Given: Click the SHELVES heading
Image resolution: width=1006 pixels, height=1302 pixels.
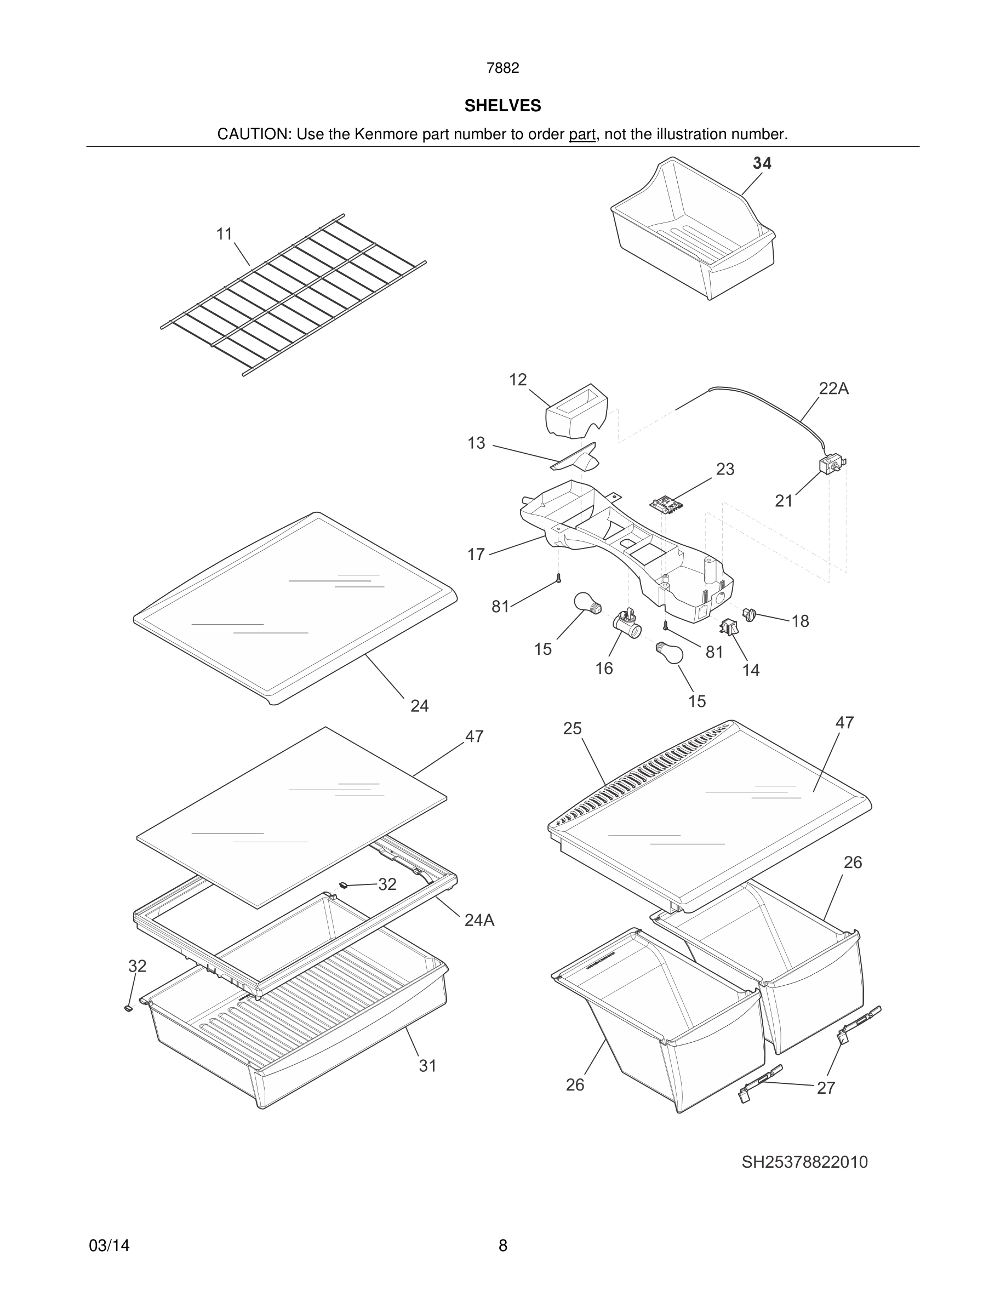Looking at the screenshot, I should coord(502,106).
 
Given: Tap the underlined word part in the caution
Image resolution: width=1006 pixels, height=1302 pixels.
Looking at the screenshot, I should coord(582,134).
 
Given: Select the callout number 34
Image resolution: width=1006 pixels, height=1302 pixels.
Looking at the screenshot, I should coord(762,163).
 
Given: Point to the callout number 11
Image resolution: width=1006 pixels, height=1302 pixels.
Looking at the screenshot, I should coord(224,235).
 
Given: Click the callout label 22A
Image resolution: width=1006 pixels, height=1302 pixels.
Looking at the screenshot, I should coord(833,389).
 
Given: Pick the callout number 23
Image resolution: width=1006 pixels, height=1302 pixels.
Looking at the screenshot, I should coord(725,469).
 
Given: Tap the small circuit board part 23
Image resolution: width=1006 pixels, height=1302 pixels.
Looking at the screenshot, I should coord(665,506).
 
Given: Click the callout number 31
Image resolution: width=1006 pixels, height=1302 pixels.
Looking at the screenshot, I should coord(427,1065).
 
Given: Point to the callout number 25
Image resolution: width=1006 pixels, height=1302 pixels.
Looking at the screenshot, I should coord(572,728).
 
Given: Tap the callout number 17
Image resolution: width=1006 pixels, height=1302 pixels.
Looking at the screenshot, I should coord(476,555).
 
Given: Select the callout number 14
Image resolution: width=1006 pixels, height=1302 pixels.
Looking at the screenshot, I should coord(750,670).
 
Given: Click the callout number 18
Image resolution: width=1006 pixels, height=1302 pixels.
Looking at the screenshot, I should coord(800,621).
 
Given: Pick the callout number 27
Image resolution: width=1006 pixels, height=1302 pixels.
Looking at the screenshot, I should coord(825,1088).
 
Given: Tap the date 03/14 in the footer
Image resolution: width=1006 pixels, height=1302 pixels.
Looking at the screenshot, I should coord(109,1246).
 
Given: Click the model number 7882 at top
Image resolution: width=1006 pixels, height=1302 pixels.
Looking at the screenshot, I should coord(502,68).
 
